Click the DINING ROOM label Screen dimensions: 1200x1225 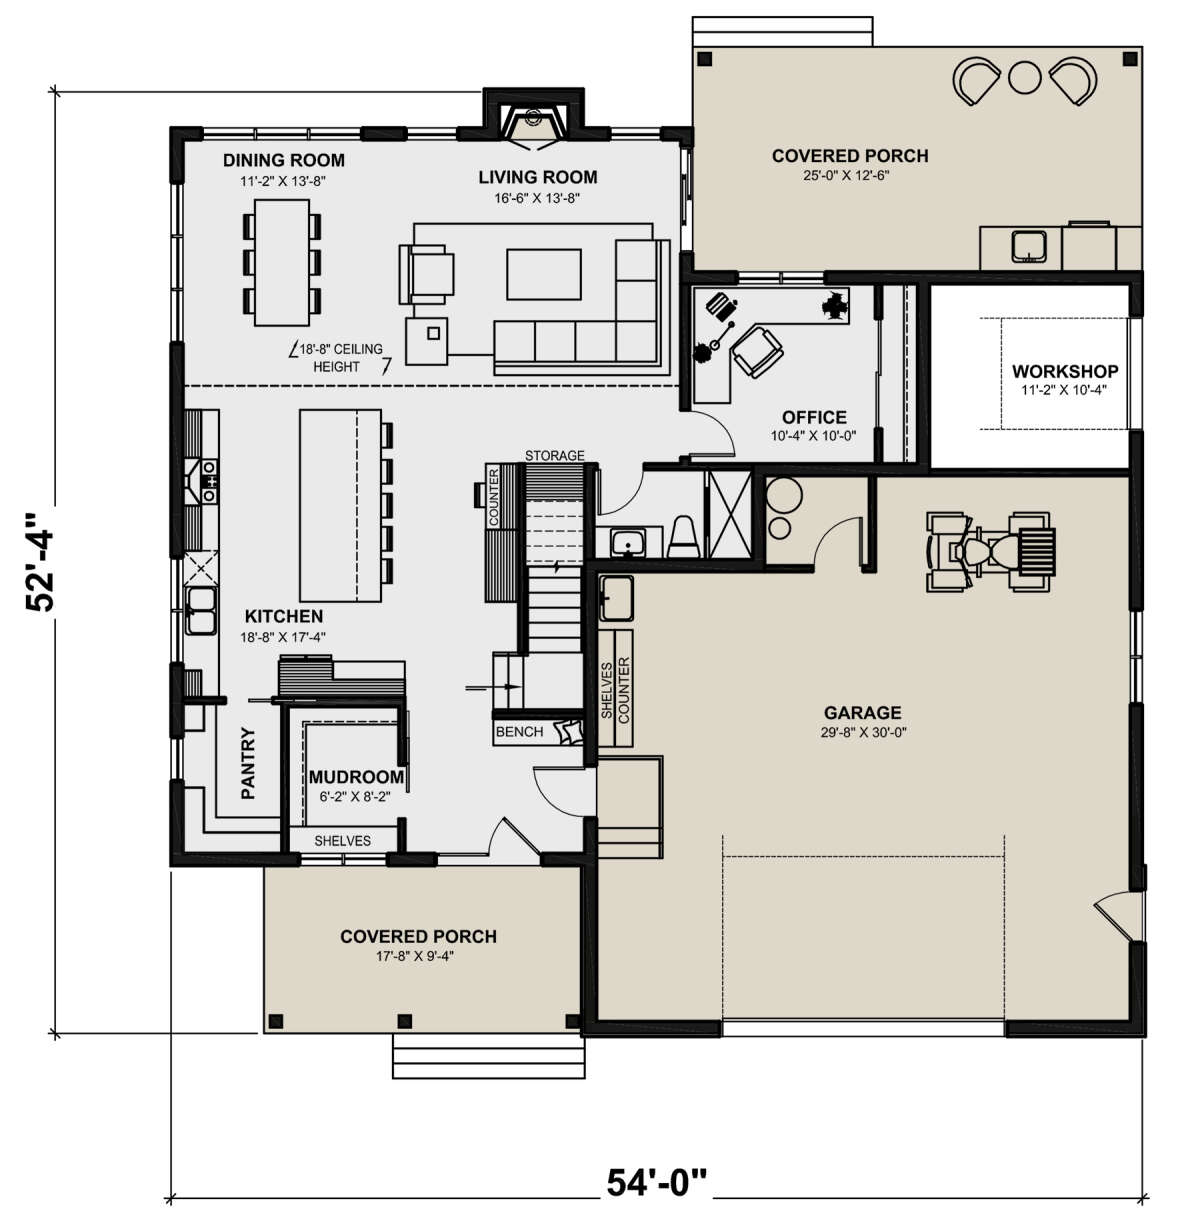284,160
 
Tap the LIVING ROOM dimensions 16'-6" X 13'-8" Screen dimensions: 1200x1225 537,198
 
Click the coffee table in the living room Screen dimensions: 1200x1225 544,274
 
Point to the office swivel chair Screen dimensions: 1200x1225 757,352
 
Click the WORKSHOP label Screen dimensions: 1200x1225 1065,371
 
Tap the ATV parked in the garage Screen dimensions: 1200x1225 991,551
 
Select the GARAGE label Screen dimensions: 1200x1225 862,713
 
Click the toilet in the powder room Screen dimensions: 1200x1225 683,537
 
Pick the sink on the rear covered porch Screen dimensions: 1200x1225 1030,247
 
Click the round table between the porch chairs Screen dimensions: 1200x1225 1024,78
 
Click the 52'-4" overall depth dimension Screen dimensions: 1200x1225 39,562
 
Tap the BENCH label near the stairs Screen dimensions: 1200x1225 519,732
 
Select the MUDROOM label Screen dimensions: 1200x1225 356,777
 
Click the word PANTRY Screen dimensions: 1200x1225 248,763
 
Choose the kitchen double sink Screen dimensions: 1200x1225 200,610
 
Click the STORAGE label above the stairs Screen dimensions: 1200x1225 555,455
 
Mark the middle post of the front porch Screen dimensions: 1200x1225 404,1021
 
